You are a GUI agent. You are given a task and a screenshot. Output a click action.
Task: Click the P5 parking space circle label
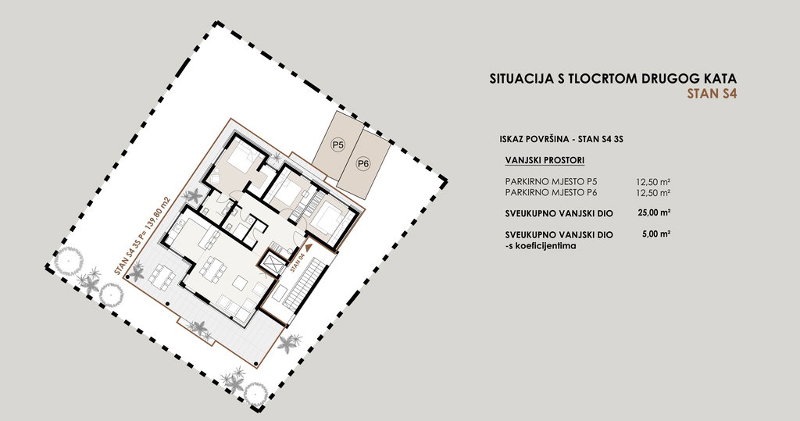click(x=338, y=145)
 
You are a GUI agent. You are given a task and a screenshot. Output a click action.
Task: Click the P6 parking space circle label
click(x=362, y=164)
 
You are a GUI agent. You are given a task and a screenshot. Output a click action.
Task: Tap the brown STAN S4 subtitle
click(x=712, y=94)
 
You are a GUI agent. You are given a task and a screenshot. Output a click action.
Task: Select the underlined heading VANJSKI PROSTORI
click(x=545, y=160)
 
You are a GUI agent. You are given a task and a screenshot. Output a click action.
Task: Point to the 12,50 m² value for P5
click(x=652, y=182)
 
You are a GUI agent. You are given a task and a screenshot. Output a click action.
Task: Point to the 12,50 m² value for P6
click(x=652, y=193)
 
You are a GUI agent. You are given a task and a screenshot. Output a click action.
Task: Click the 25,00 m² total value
click(x=654, y=213)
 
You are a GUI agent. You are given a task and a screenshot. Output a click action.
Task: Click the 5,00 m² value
click(x=656, y=234)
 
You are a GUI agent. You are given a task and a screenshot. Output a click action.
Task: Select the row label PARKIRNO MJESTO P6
click(x=551, y=193)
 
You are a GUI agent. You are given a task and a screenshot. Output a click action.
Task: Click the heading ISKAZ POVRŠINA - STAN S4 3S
click(x=562, y=139)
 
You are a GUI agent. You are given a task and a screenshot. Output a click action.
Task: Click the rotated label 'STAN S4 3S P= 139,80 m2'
click(x=142, y=235)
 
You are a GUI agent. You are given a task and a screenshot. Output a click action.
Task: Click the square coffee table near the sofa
click(x=241, y=282)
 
